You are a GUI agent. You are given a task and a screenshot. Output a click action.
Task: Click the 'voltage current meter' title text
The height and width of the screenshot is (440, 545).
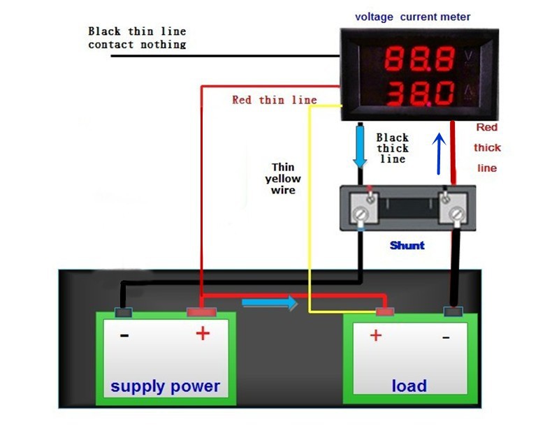pos(412,17)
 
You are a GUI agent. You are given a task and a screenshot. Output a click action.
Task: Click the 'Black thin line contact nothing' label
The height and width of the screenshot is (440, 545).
pos(137,38)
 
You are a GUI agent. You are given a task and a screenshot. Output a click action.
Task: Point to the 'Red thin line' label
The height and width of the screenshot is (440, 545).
pos(274,100)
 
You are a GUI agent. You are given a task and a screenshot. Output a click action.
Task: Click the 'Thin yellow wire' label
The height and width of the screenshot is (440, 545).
pos(283,178)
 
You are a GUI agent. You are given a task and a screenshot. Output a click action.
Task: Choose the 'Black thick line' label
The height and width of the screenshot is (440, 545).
pos(393,148)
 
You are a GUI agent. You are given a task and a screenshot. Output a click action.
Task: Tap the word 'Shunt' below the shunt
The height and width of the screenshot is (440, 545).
pos(407,245)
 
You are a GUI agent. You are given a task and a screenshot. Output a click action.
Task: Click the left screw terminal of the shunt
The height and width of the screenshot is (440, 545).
pos(361,214)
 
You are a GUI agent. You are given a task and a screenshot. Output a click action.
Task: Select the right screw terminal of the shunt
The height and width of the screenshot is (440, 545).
pos(456,213)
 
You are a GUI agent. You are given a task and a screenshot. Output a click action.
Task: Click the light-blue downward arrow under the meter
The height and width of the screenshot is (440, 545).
pos(360,147)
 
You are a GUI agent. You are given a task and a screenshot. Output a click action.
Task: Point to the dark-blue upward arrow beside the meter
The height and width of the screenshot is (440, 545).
pos(439,154)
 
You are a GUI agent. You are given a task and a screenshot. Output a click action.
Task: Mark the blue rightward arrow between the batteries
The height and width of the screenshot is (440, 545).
pos(270,303)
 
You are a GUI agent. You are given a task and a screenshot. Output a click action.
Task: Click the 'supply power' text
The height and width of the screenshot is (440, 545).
pos(165,386)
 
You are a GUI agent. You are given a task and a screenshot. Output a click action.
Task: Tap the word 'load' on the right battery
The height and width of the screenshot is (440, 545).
pos(409,386)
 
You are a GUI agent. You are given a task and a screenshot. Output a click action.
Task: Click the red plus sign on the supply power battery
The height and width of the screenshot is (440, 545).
pos(202,334)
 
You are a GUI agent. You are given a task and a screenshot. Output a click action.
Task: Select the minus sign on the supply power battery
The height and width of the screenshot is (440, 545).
pos(124,335)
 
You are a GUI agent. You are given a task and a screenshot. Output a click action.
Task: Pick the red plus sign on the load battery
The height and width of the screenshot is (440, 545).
pos(375,336)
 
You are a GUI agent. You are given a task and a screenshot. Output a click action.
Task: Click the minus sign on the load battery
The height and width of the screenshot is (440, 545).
pos(445,337)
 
